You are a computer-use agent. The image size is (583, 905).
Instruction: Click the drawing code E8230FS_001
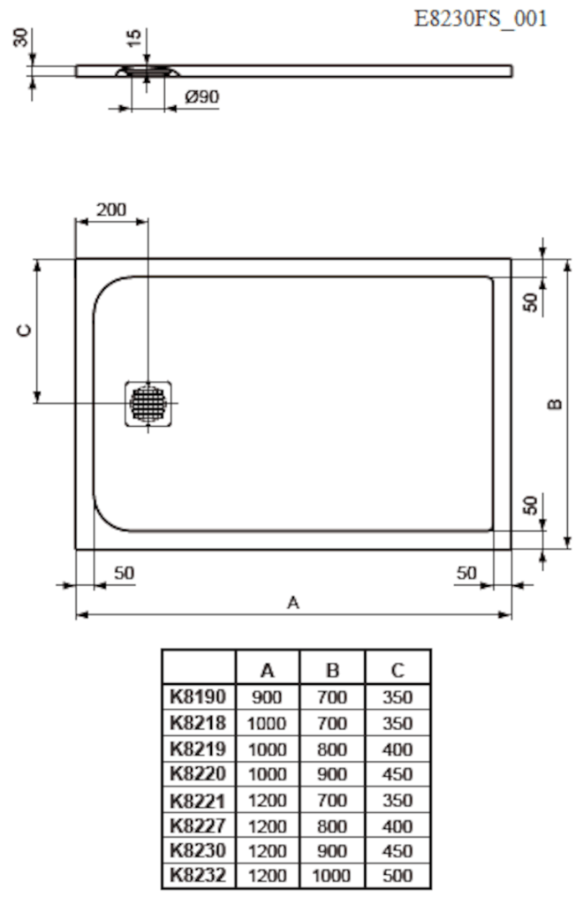tap(481, 19)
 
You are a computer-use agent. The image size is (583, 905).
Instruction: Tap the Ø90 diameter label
tap(201, 96)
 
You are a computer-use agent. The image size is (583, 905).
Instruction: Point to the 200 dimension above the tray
tap(111, 209)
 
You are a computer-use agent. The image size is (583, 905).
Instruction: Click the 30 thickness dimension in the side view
tap(21, 38)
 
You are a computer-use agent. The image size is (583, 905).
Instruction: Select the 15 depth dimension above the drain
tap(133, 38)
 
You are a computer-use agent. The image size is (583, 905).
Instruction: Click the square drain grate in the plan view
tap(148, 403)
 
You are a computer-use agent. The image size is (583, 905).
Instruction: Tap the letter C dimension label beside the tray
tap(24, 331)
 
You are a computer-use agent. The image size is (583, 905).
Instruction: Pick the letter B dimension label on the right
tap(554, 404)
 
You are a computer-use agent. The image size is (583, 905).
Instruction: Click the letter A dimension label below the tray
tap(293, 603)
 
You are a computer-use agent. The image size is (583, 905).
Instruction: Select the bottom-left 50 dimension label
tap(124, 573)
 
